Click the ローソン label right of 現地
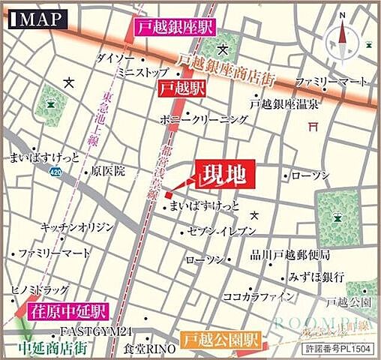coord(310,175)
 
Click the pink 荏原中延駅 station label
coord(68,310)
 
